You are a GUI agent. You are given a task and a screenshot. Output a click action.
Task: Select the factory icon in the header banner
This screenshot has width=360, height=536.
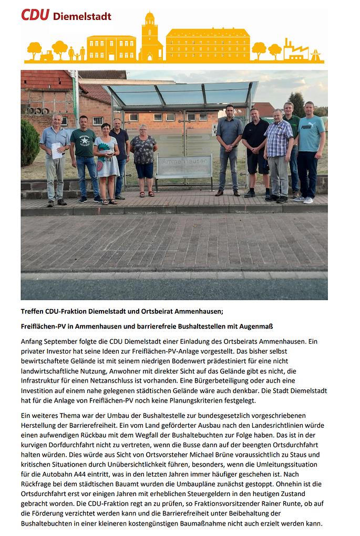tap(295, 50)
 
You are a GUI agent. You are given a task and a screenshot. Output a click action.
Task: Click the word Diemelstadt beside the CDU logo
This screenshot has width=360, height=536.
tap(82, 16)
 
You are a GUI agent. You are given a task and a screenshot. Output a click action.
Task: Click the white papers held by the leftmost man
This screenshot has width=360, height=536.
tap(57, 150)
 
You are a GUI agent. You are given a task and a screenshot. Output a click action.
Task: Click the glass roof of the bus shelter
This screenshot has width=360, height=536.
tap(179, 94)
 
